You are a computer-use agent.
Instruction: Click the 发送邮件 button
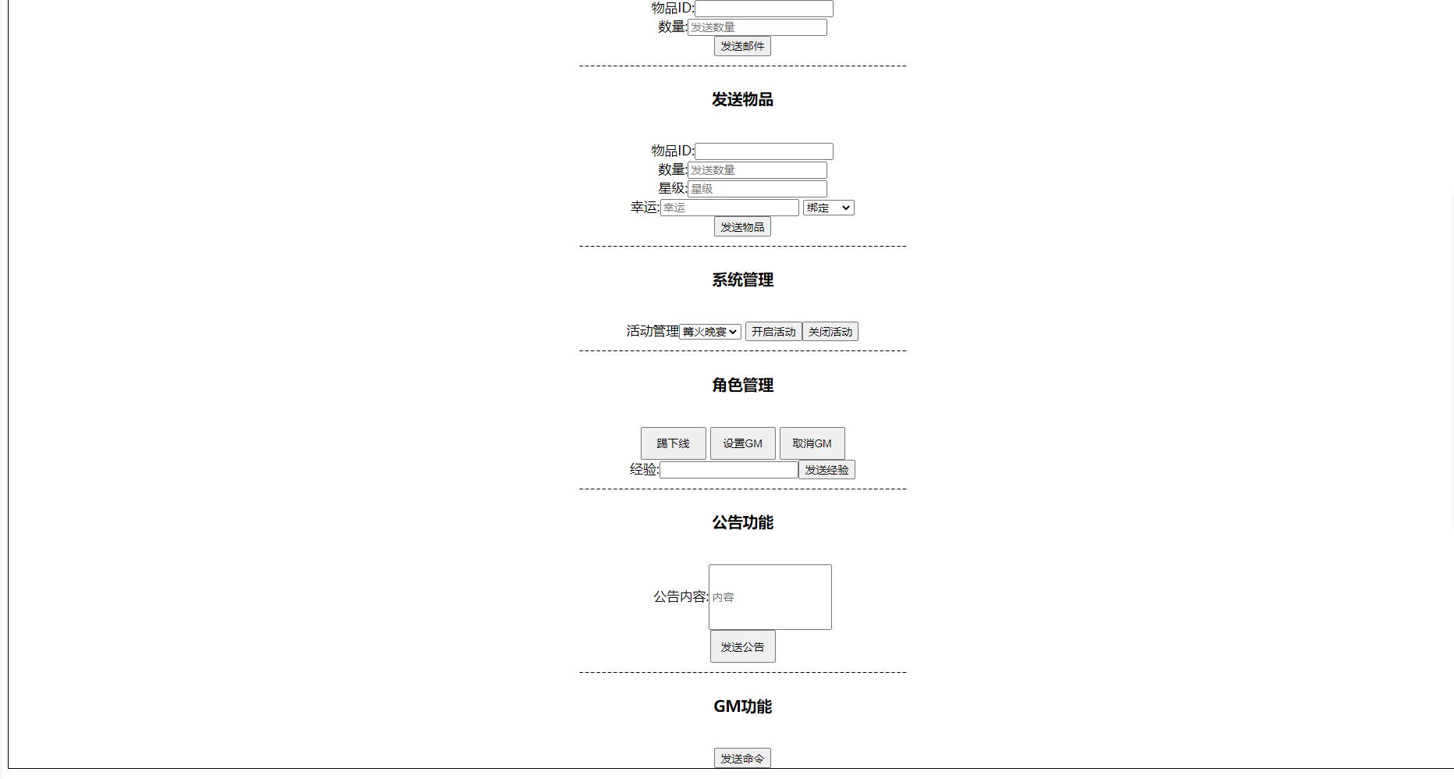click(x=742, y=46)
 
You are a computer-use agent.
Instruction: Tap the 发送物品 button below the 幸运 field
click(x=742, y=227)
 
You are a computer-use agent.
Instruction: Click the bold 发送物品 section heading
click(x=742, y=99)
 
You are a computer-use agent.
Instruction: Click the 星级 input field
click(x=757, y=189)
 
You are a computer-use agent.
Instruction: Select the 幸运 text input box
click(x=730, y=208)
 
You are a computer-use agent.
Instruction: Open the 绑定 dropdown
click(x=829, y=208)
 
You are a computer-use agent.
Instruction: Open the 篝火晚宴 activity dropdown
click(x=710, y=332)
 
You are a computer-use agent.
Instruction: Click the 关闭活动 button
click(x=830, y=332)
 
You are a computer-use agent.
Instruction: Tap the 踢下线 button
click(x=674, y=443)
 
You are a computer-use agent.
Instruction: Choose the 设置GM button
click(x=743, y=443)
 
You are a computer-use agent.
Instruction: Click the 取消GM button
click(x=812, y=443)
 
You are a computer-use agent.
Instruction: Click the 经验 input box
click(x=729, y=470)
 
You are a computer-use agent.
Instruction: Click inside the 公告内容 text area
click(x=770, y=597)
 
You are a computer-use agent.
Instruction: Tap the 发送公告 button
click(x=743, y=646)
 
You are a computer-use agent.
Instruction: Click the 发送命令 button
click(x=742, y=758)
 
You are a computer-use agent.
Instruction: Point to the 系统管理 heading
click(x=742, y=279)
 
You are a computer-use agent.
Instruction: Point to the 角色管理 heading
click(x=742, y=385)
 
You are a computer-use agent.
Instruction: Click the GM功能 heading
click(x=742, y=706)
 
